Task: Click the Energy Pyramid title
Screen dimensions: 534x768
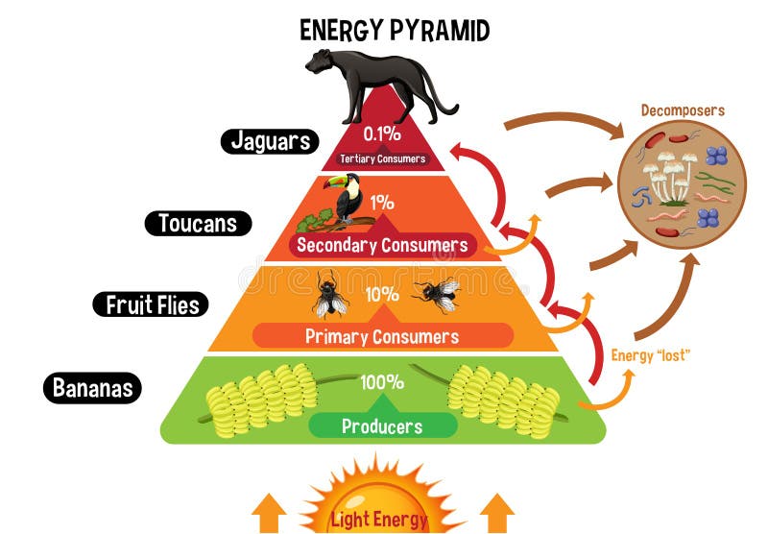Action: (395, 30)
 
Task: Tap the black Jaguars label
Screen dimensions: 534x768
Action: (272, 141)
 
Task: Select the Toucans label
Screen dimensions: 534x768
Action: (198, 224)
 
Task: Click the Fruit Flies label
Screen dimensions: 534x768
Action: (152, 305)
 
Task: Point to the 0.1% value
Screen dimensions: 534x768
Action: (382, 133)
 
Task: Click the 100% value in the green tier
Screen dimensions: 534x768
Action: (382, 381)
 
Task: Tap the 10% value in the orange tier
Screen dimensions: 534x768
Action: (382, 294)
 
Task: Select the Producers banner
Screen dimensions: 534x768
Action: (383, 426)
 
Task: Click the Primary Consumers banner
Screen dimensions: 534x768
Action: (381, 336)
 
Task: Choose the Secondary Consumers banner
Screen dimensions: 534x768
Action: (382, 245)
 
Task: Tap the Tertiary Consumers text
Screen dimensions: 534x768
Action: (382, 158)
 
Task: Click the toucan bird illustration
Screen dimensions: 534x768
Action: (346, 199)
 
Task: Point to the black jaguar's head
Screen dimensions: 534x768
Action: (321, 62)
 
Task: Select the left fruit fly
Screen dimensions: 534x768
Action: (329, 293)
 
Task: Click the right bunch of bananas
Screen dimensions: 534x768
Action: (503, 399)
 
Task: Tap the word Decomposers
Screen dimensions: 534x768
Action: (683, 110)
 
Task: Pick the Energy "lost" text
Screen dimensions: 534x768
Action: (651, 355)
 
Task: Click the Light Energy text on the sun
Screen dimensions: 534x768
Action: (379, 520)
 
